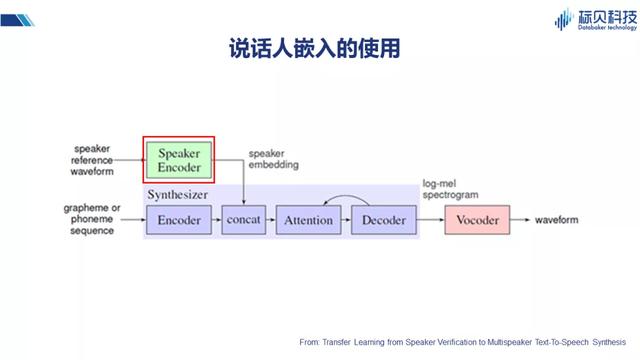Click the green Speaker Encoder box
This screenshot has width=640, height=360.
coord(178,159)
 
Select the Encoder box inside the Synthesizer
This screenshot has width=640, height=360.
coord(179,219)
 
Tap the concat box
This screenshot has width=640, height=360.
coord(243,219)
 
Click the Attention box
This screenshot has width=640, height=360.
coord(308,219)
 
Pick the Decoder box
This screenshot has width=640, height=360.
coord(382,219)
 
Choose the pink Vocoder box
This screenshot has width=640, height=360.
coord(476,219)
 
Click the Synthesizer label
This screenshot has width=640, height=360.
coord(181,193)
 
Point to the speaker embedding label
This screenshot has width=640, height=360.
coord(273,159)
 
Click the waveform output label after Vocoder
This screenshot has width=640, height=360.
coord(563,219)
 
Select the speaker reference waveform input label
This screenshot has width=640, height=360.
coord(92,158)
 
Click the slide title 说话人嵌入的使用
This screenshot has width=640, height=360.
coord(319,49)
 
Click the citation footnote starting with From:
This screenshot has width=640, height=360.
coord(468,341)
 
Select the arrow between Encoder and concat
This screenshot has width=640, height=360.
coord(216,219)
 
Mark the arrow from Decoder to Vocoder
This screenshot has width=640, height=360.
coord(428,219)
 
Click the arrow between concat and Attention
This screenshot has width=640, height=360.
coord(271,219)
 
